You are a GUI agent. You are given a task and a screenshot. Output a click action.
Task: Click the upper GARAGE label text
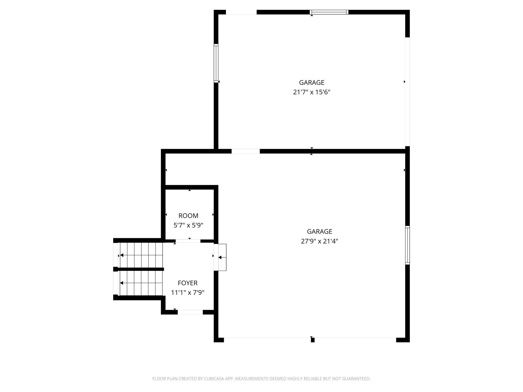pos(312,82)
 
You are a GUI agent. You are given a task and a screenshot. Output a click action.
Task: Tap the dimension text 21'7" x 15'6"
pos(312,92)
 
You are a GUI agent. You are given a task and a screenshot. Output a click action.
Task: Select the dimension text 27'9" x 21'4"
pos(319,241)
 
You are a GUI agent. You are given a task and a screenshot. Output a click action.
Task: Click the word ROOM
pos(188,216)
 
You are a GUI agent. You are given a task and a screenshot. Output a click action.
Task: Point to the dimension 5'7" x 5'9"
pos(188,225)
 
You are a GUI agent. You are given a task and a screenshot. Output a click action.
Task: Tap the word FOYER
pos(188,283)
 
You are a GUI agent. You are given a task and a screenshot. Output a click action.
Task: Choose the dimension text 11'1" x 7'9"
pos(188,292)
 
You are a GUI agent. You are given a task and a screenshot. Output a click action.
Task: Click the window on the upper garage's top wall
pos(329,12)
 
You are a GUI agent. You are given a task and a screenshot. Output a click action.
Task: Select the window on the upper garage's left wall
pos(216,63)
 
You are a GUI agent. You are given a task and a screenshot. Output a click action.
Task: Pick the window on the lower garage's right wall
pos(408,245)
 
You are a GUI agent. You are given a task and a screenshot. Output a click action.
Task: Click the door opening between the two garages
pos(245,151)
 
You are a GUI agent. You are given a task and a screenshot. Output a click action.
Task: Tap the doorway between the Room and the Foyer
pos(188,241)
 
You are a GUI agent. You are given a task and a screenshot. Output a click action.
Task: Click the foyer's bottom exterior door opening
pos(190,312)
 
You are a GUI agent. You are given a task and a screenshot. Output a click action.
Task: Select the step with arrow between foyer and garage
pos(222,257)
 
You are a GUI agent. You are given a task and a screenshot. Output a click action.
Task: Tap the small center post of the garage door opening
pos(313,340)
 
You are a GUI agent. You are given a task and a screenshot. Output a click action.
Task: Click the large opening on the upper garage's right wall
pos(407,92)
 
